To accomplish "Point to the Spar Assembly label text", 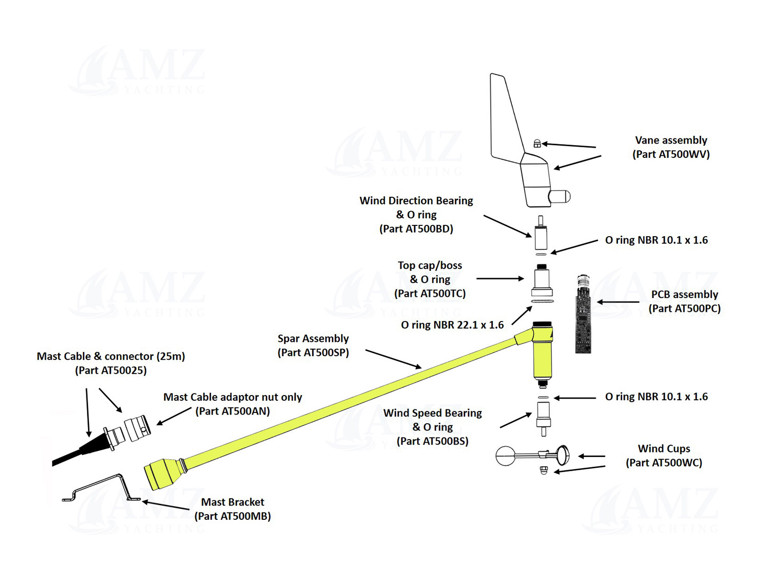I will pyautogui.click(x=313, y=338).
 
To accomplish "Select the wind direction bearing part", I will pyautogui.click(x=540, y=235).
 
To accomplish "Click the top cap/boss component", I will pyautogui.click(x=542, y=281).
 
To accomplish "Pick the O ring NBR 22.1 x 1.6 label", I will pyautogui.click(x=452, y=325).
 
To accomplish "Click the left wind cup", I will pyautogui.click(x=506, y=456).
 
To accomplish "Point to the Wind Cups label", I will pyautogui.click(x=664, y=449).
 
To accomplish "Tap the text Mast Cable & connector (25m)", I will pyautogui.click(x=111, y=356).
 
